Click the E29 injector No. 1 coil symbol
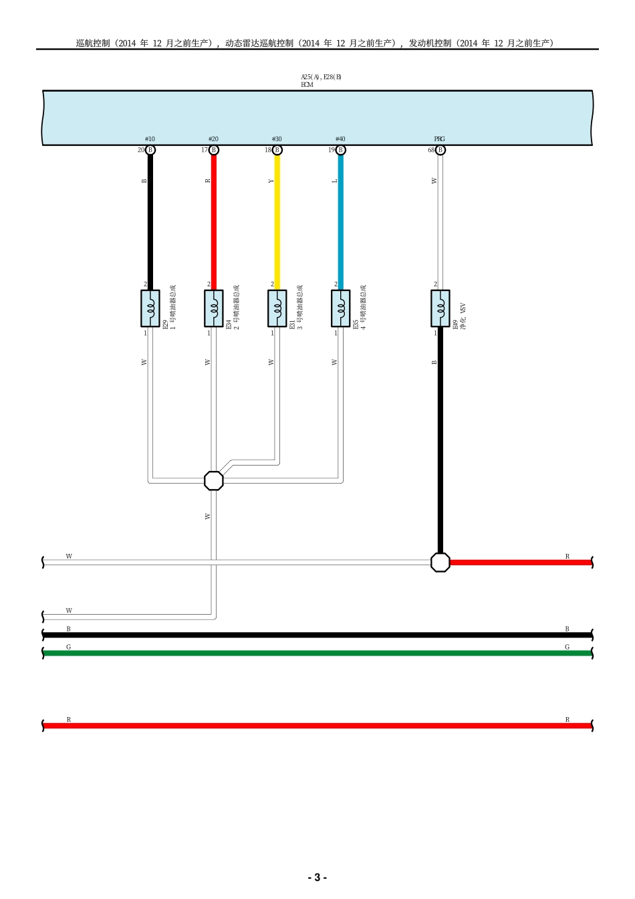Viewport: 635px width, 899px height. (150, 308)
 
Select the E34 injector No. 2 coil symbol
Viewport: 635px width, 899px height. (214, 308)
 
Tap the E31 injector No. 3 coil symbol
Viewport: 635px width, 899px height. (277, 308)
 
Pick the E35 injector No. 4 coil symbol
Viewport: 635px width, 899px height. (341, 308)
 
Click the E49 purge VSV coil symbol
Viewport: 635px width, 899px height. (440, 308)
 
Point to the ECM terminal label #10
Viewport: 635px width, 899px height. (150, 139)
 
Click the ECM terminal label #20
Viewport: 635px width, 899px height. (213, 139)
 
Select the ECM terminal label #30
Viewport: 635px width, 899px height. (277, 139)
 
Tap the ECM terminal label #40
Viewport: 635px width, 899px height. (340, 139)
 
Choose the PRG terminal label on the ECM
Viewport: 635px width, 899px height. (439, 139)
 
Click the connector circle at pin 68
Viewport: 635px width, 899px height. (440, 150)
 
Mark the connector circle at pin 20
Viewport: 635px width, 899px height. (150, 150)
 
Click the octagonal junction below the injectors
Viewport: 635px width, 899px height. (213, 481)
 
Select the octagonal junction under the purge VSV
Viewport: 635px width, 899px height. (440, 563)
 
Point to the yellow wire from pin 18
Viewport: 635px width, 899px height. (277, 221)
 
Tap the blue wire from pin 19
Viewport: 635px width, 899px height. (341, 221)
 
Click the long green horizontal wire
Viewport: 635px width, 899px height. (317, 653)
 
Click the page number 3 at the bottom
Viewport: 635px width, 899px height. (317, 878)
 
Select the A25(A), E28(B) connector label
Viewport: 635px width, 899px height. (321, 77)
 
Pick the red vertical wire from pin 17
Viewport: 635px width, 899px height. (214, 221)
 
